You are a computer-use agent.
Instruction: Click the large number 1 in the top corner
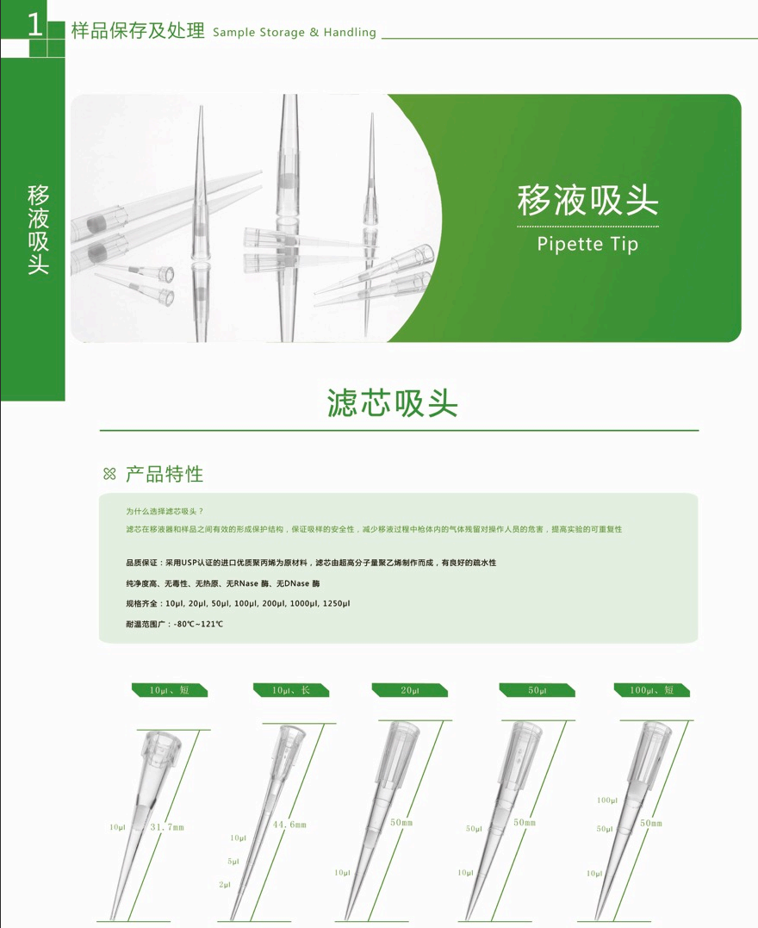tap(35, 26)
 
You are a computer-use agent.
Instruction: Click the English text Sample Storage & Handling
tap(294, 33)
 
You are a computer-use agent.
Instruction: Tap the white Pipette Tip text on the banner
tap(587, 244)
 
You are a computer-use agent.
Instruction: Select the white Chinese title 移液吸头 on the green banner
tap(587, 200)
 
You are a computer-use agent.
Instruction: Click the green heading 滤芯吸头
tap(392, 403)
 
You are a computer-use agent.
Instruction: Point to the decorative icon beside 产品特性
tap(109, 473)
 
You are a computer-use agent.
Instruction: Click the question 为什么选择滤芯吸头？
tap(165, 511)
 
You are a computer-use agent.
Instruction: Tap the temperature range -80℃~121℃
tap(198, 624)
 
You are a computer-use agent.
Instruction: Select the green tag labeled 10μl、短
tap(169, 690)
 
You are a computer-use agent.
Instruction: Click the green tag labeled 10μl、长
tap(290, 690)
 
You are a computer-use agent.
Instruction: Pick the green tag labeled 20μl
tap(409, 690)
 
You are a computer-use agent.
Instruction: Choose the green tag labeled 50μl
tap(537, 690)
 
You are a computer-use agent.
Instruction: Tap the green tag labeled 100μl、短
tap(651, 690)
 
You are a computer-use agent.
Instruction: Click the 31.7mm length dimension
tap(167, 827)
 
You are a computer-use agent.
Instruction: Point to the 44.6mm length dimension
tap(289, 825)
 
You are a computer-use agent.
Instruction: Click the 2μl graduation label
tap(225, 884)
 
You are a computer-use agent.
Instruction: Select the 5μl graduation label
tap(233, 861)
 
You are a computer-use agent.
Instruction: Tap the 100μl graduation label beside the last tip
tap(607, 800)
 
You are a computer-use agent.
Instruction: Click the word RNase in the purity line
tap(246, 583)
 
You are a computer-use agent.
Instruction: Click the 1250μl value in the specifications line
tap(336, 604)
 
